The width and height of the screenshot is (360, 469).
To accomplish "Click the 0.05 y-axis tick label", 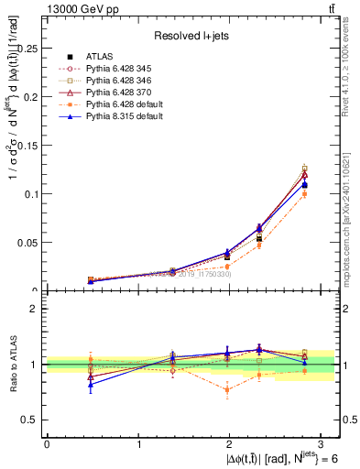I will [29, 243].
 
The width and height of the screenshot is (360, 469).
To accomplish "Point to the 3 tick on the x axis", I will [322, 444].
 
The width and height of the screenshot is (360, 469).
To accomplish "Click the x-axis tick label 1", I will [138, 444].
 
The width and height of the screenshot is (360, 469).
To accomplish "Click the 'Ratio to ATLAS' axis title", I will [11, 365].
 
